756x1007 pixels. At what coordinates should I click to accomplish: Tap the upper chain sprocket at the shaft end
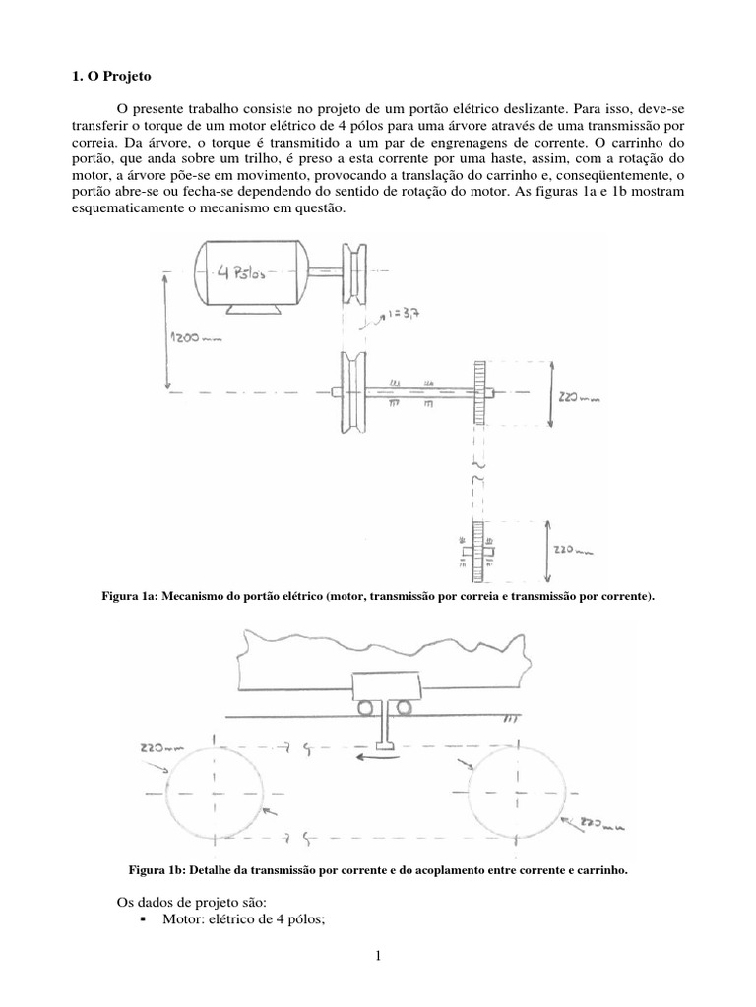tap(481, 393)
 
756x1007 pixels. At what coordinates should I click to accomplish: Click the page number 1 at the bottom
tap(377, 979)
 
